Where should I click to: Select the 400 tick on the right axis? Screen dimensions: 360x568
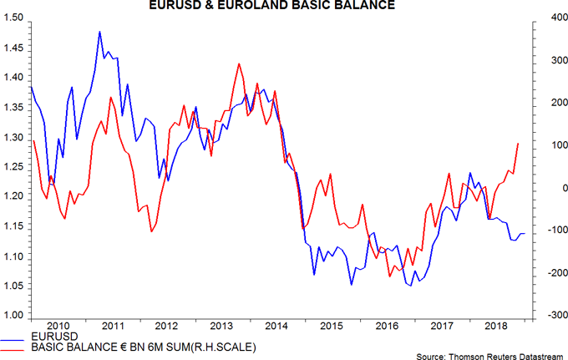pos(546,18)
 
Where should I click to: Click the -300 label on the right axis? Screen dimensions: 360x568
pos(545,316)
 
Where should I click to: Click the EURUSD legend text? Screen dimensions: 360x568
pos(49,336)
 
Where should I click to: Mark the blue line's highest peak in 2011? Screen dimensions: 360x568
pos(100,32)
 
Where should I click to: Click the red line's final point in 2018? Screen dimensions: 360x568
pos(518,144)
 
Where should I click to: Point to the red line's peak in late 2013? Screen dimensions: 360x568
pos(240,63)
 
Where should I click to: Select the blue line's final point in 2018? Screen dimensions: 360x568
pos(525,234)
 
